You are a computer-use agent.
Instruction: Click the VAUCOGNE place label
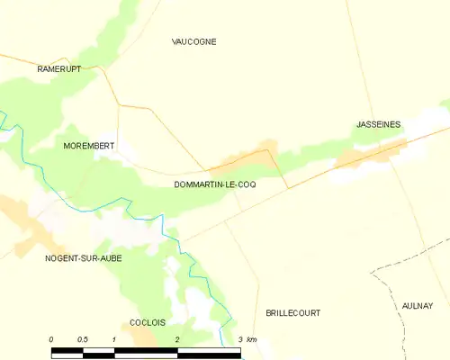coord(194,41)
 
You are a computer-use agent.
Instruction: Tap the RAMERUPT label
coord(60,68)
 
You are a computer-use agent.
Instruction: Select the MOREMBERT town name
coord(89,145)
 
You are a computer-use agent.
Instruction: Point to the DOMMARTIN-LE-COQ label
coord(214,184)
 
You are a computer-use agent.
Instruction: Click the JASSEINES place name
coord(377,124)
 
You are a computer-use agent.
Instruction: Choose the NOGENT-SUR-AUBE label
coord(83,258)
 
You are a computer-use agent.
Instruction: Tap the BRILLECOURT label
coord(293,312)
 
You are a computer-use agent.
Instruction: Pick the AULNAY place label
coord(418,306)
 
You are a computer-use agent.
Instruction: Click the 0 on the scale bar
coord(52,339)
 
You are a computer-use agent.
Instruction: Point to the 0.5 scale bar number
coord(83,339)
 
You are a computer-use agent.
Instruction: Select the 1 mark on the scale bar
coord(114,339)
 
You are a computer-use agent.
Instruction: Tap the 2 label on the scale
coord(177,339)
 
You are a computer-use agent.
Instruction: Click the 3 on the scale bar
coord(240,339)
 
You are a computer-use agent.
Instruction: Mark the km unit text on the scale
coord(252,339)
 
